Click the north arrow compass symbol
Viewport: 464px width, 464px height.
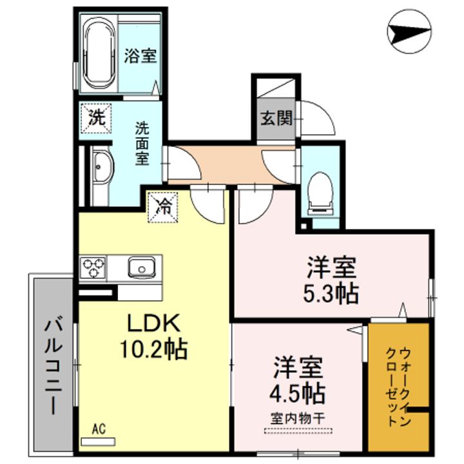tap(409, 32)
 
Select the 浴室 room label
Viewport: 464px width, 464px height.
tap(140, 55)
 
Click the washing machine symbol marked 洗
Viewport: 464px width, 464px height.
tap(97, 118)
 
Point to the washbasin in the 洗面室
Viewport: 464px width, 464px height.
tap(102, 167)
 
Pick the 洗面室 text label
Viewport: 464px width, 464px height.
tap(142, 144)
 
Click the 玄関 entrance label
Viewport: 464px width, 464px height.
tap(276, 118)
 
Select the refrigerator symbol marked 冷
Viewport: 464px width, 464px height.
tap(163, 207)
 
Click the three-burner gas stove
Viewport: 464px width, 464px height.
tap(93, 267)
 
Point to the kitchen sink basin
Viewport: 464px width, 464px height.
tap(141, 267)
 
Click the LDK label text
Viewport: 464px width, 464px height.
tap(153, 324)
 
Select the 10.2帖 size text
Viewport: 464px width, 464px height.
tap(153, 349)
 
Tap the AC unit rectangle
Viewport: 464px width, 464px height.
tap(98, 442)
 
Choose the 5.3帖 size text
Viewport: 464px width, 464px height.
tap(331, 294)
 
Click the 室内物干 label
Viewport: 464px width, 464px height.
tap(298, 418)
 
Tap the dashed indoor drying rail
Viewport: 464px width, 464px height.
tap(298, 431)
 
